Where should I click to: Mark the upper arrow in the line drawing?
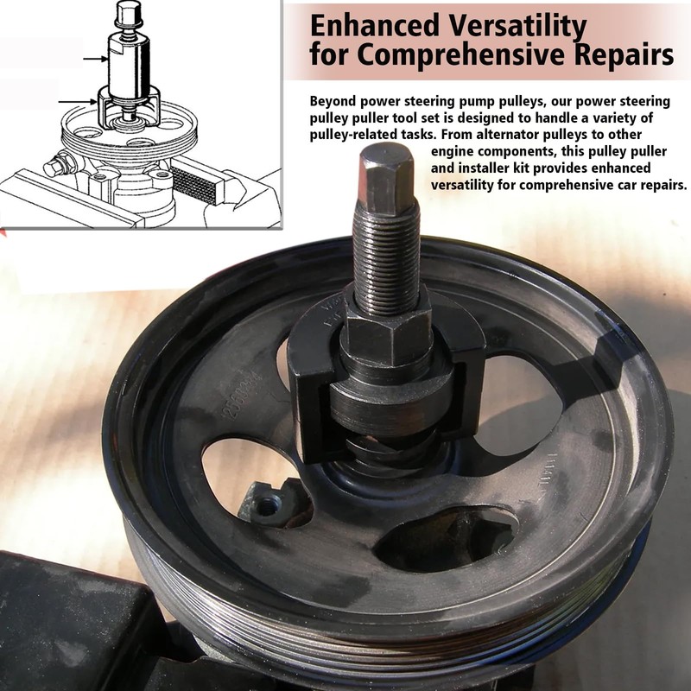point(95,59)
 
